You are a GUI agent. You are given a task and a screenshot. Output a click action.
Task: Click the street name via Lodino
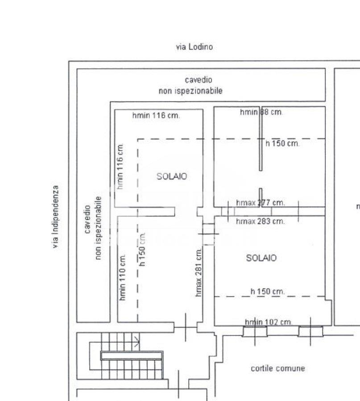click(194, 46)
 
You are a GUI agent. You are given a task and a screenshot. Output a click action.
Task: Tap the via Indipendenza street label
click(55, 217)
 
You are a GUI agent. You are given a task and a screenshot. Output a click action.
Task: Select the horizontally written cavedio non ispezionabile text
click(191, 85)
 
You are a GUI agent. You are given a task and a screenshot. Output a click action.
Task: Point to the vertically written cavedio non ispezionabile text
click(93, 228)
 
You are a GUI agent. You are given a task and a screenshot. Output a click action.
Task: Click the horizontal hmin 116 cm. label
click(156, 116)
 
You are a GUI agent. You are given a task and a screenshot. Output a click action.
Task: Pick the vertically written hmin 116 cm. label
click(120, 166)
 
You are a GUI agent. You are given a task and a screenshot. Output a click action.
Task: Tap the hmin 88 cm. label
click(261, 113)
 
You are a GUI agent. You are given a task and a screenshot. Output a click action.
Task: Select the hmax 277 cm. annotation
click(260, 203)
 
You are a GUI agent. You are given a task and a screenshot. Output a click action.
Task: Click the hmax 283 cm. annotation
click(260, 221)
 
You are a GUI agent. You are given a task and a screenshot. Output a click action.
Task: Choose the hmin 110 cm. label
click(123, 277)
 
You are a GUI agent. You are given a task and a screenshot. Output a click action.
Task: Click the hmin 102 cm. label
click(269, 322)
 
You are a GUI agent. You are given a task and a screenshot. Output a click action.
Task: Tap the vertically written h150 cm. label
click(142, 249)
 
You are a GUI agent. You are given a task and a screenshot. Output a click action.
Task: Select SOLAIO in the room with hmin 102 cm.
click(261, 258)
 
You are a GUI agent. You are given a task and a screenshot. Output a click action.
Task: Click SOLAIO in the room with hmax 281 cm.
click(172, 176)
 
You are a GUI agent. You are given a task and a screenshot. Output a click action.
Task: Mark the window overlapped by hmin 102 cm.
click(255, 331)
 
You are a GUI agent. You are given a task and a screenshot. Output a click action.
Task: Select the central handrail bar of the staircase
click(131, 355)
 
